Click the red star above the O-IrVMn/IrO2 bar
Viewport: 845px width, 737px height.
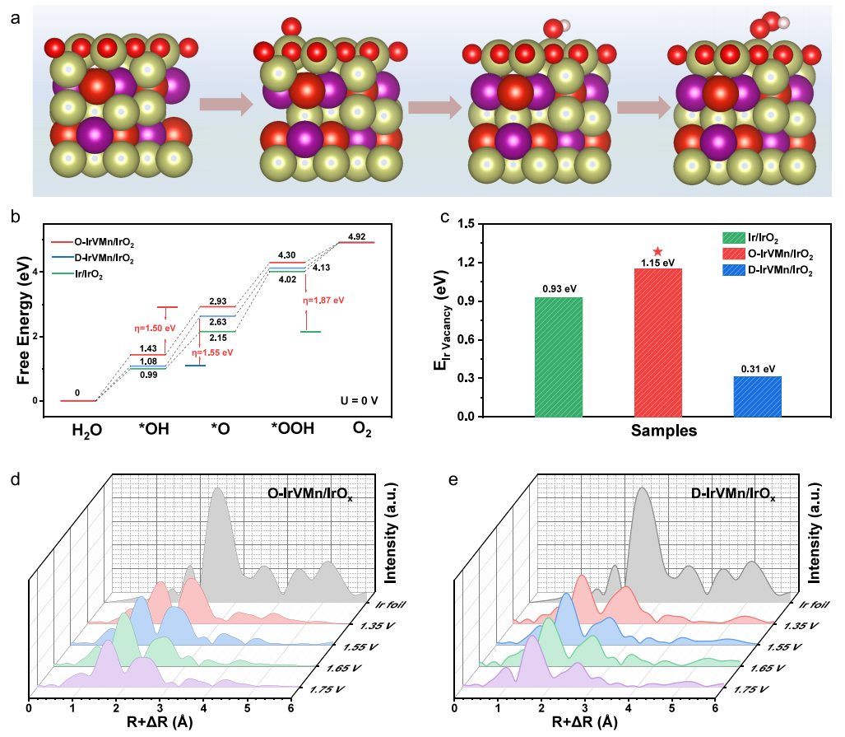pos(657,251)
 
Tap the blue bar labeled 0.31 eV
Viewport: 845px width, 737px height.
pos(757,396)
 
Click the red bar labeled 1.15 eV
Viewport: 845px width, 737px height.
pos(657,342)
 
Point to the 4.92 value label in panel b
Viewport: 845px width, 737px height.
pos(358,237)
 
